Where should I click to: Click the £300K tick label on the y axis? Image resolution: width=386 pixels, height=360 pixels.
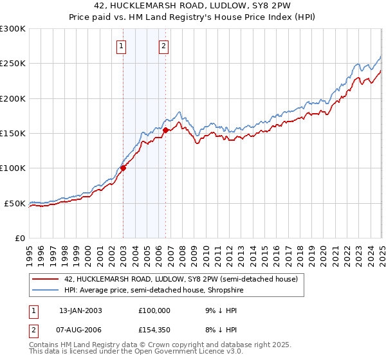point(13,29)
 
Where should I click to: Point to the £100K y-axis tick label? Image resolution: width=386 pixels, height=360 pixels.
point(13,168)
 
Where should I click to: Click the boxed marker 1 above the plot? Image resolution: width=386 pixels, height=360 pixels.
point(122,46)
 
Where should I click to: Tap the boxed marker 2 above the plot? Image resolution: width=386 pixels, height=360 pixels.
point(164,46)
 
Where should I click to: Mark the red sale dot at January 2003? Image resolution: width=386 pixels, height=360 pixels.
point(123,168)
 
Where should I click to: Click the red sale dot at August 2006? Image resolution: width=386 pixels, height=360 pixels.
point(165,130)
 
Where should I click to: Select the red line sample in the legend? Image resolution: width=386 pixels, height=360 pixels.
point(45,280)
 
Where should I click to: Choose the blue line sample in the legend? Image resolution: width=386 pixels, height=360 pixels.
point(45,290)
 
